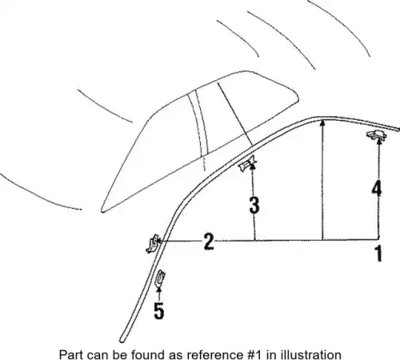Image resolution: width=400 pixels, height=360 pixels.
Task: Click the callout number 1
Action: [379, 254]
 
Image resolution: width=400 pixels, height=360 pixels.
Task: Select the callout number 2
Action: [209, 242]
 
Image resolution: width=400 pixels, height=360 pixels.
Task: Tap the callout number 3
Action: [254, 205]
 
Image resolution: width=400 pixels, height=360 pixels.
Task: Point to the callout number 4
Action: [377, 188]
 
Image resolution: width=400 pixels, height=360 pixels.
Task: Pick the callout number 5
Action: [159, 311]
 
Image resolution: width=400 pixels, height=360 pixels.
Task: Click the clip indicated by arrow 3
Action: [247, 163]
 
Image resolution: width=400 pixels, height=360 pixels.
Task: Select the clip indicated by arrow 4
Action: [376, 135]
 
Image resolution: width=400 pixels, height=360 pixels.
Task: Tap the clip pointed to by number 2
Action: [153, 243]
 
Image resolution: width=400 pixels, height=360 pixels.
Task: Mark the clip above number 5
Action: [160, 278]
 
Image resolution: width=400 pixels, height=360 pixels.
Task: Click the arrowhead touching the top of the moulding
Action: [322, 123]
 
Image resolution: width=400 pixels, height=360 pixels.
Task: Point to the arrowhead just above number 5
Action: [159, 289]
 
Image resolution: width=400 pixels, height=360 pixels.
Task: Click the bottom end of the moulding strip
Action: [122, 340]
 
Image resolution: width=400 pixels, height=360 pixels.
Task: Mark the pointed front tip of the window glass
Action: [102, 211]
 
